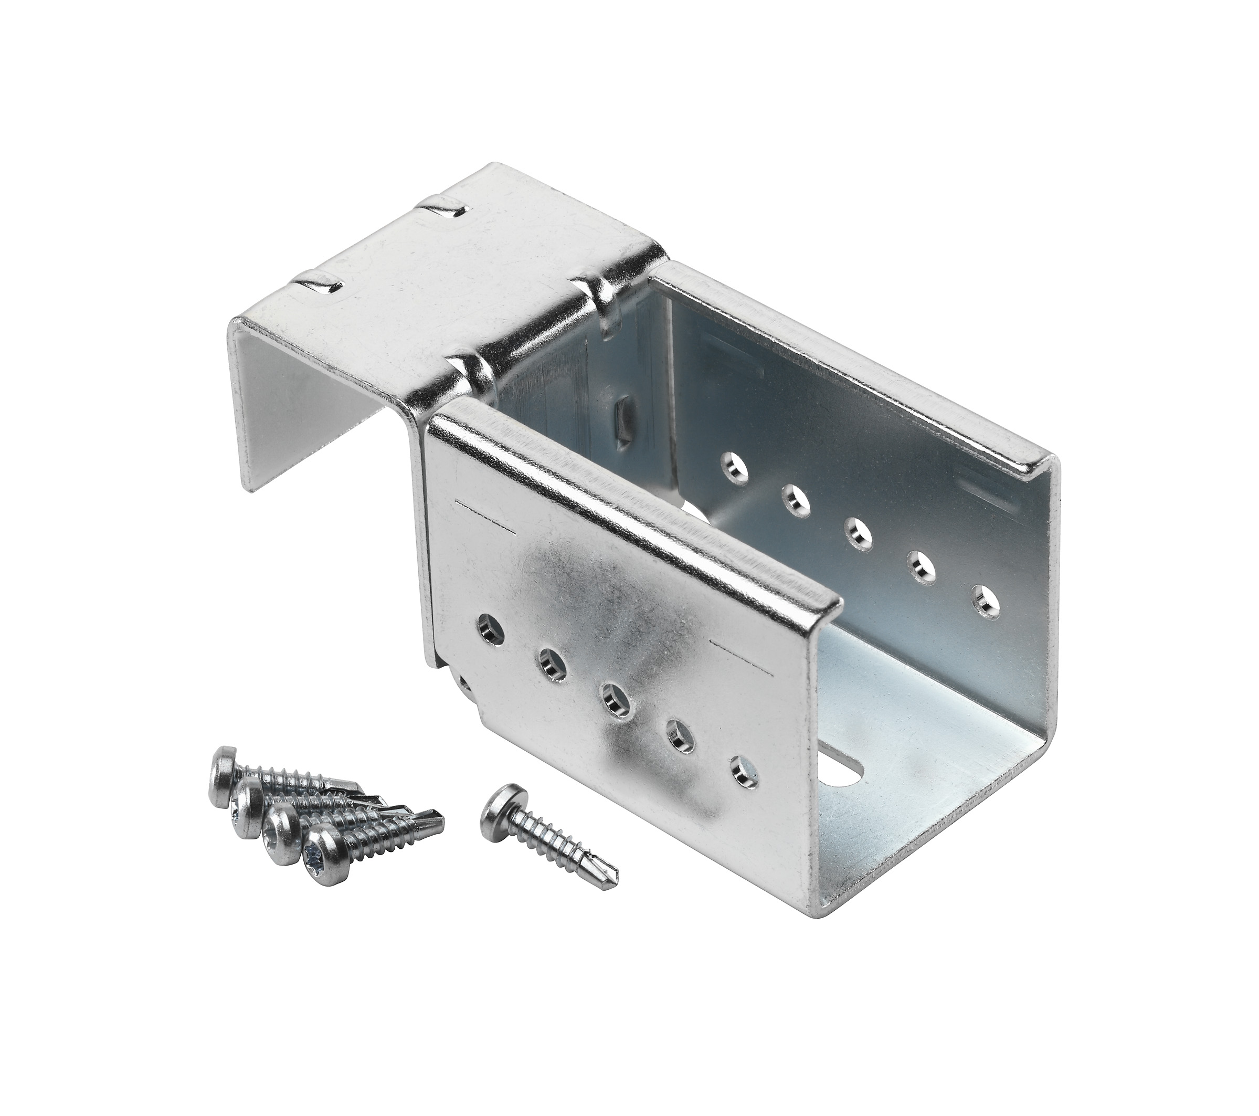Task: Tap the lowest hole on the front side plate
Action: click(744, 772)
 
